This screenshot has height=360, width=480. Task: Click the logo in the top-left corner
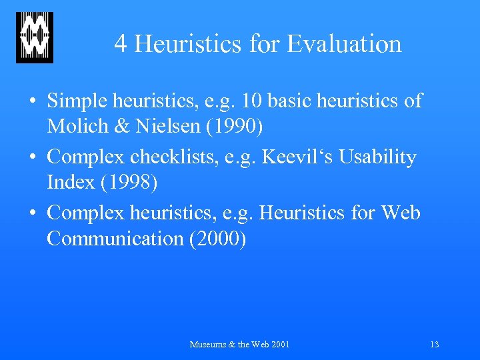35,37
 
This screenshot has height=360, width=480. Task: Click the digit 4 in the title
121,44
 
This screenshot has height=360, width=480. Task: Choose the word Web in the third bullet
401,213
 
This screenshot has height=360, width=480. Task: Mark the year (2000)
218,238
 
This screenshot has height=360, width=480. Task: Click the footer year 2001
279,345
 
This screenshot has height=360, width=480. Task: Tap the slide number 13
434,345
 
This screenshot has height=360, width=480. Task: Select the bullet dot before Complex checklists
33,158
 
